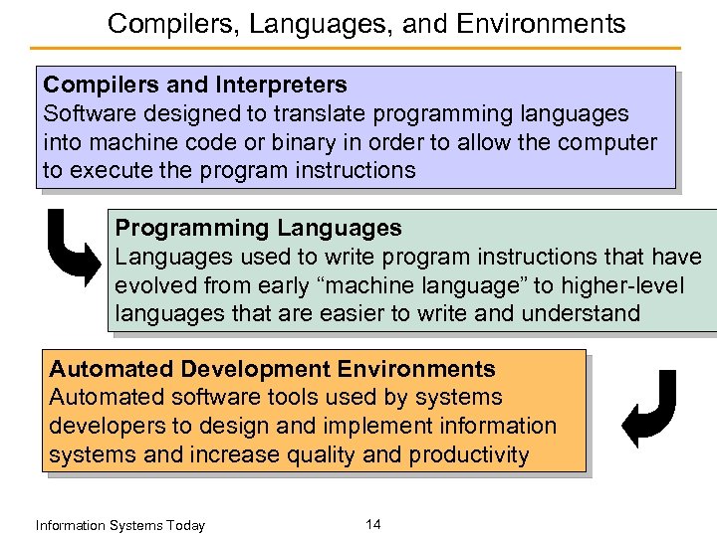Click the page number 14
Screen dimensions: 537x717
(x=372, y=524)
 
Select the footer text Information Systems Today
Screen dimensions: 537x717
(x=119, y=525)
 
